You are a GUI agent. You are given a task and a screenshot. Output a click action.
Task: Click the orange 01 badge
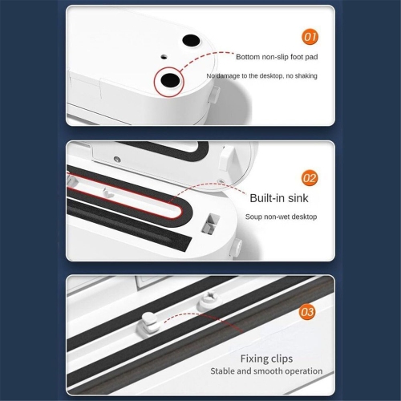coord(310,37)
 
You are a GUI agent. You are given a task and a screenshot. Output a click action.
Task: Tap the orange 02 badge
coord(310,178)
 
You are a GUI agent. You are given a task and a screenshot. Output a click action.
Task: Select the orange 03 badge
coord(307,312)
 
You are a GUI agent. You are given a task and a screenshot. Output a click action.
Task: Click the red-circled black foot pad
coord(170,80)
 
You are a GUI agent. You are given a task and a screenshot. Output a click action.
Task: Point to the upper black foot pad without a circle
coord(191,41)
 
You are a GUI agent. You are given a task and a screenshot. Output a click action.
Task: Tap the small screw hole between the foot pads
coord(164,57)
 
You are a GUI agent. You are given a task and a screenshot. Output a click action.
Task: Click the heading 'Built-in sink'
coord(279,198)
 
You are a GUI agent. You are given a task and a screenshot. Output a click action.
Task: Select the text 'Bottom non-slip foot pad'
coord(277,57)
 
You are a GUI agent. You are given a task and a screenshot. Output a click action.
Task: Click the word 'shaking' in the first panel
coord(306,76)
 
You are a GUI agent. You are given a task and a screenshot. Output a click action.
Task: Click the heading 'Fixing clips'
coord(266,358)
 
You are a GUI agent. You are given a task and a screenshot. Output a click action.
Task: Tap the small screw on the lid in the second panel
coord(117,160)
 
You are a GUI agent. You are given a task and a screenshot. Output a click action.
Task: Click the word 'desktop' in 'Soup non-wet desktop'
coord(304,217)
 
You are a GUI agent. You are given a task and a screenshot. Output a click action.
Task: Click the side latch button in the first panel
coord(215,94)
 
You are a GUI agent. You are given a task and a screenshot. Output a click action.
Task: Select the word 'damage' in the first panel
coord(228,76)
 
